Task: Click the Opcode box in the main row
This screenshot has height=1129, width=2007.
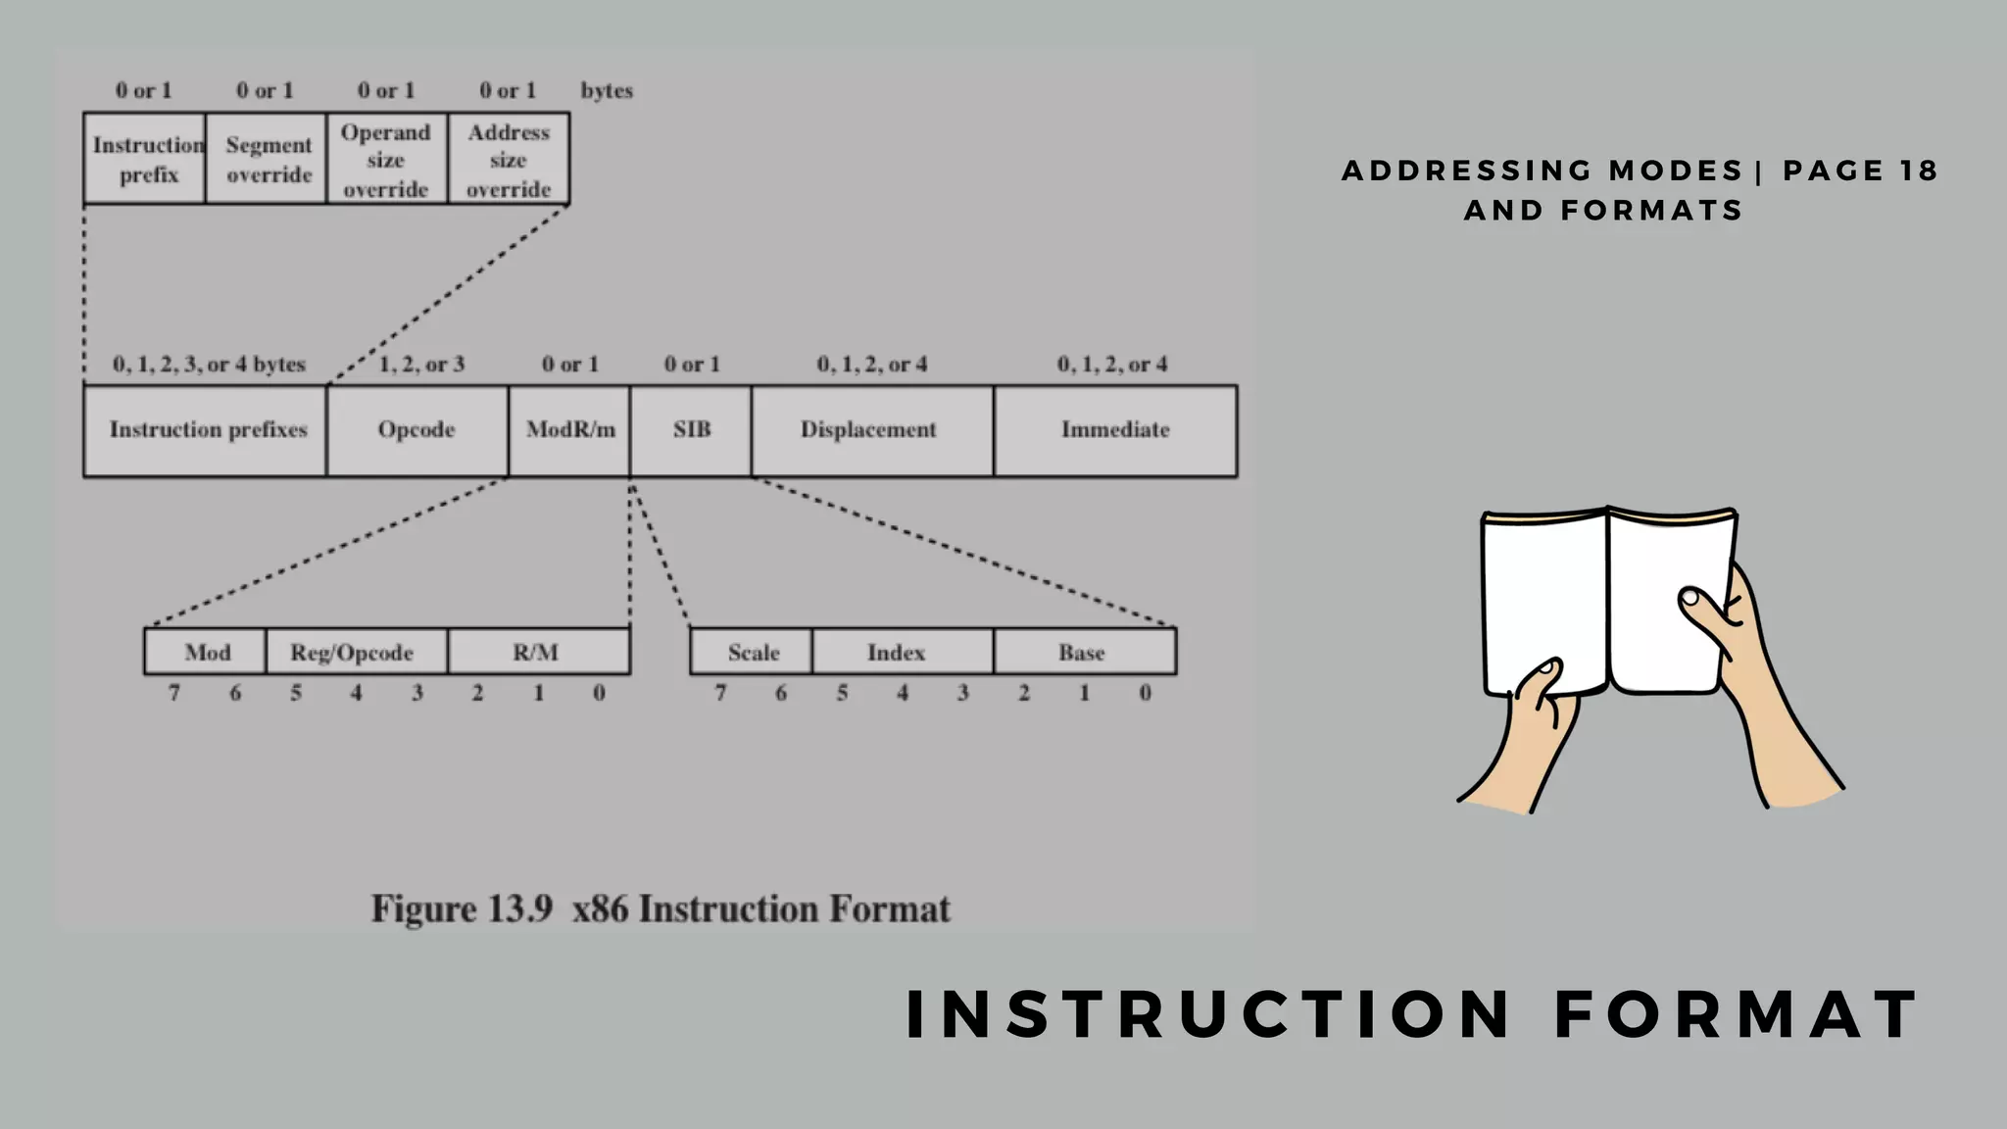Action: point(416,430)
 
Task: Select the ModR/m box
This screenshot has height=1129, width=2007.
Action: point(569,430)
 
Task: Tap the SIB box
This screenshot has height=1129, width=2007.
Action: point(691,430)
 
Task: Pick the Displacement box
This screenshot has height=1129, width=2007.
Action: point(871,430)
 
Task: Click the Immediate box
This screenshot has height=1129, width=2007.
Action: point(1115,430)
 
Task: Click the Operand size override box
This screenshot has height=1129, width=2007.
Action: point(386,159)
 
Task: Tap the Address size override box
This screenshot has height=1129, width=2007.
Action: point(509,159)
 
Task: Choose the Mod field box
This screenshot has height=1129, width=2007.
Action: point(206,652)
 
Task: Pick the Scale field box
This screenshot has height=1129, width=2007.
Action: point(752,652)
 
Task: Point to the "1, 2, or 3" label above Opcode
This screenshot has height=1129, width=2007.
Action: point(421,365)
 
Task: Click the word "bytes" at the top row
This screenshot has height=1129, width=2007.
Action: point(607,91)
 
